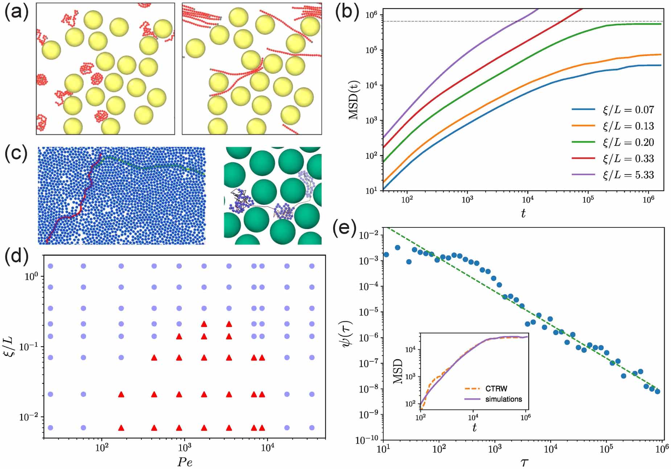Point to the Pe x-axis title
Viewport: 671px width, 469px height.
click(185, 462)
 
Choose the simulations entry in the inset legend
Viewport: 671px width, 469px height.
click(503, 399)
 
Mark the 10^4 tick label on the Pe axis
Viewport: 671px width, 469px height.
click(267, 448)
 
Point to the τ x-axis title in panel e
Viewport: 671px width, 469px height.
click(524, 462)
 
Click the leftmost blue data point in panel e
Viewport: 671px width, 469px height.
click(386, 255)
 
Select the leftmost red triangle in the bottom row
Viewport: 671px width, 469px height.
click(121, 428)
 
